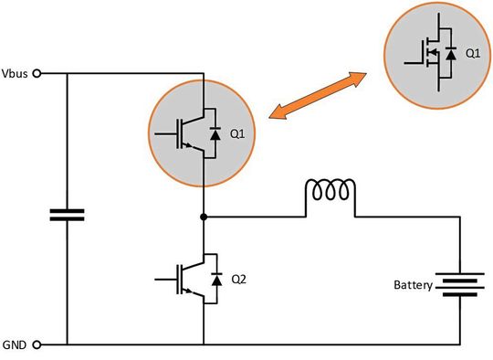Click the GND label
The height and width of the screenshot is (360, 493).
pos(15,344)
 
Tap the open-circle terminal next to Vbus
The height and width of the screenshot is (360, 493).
pos(37,73)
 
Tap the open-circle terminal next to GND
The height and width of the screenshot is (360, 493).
pos(37,344)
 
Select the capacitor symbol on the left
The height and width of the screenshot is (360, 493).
pos(67,215)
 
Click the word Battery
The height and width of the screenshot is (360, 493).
pos(413,285)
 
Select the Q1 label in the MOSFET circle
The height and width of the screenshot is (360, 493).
pos(472,54)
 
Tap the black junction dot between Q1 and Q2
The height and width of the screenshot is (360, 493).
pos(204,217)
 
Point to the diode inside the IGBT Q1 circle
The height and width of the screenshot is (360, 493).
pos(215,134)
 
